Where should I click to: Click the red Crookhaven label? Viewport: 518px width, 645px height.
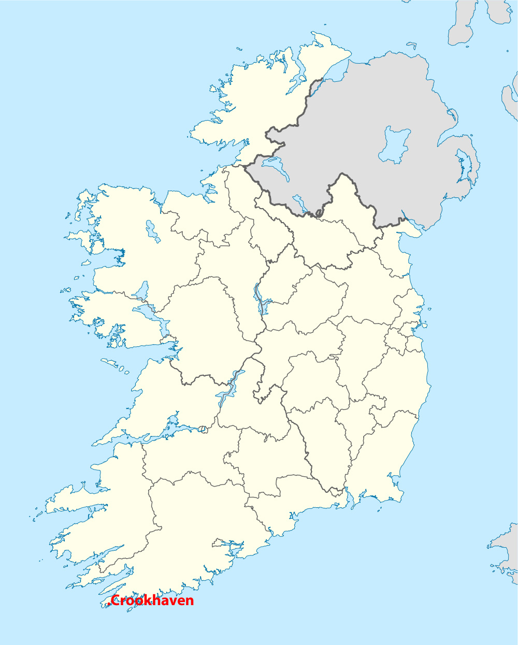152,600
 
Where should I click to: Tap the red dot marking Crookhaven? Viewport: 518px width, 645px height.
109,604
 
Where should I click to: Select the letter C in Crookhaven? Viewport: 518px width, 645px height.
116,600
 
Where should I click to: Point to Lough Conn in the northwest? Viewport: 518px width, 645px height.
152,230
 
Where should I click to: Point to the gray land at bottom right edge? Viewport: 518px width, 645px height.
505,549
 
